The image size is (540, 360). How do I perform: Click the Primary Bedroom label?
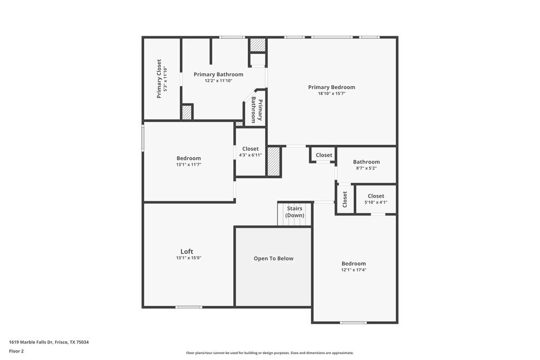click(x=332, y=87)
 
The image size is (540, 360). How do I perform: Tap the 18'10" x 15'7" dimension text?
click(x=332, y=94)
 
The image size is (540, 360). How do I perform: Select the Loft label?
click(x=187, y=252)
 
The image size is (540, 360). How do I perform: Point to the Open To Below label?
click(x=273, y=259)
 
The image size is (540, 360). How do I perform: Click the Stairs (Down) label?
click(x=295, y=212)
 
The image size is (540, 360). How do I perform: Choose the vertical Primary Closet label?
click(x=159, y=79)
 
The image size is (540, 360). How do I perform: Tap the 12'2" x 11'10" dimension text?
click(x=218, y=81)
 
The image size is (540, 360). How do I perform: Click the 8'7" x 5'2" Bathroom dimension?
click(x=366, y=168)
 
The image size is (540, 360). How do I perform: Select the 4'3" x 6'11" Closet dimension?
click(x=250, y=155)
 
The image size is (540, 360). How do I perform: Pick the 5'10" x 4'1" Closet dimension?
click(x=376, y=202)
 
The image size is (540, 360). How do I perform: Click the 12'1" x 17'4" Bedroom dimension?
click(x=354, y=270)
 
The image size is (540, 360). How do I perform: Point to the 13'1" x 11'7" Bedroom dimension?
click(x=188, y=165)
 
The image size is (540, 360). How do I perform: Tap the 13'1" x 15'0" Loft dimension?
click(x=187, y=258)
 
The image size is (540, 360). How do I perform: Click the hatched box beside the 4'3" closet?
click(x=274, y=161)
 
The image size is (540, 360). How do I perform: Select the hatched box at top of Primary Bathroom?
click(x=258, y=45)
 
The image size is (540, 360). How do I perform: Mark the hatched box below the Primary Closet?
click(x=186, y=112)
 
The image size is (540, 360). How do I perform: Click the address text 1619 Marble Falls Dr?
click(x=49, y=342)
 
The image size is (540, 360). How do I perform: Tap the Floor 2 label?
click(x=17, y=351)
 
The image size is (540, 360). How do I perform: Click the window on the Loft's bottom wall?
click(x=189, y=307)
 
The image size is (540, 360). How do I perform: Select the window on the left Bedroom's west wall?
click(x=143, y=138)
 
